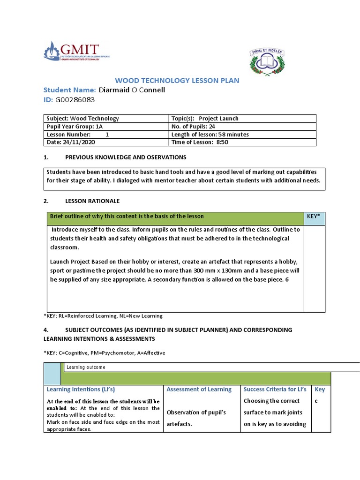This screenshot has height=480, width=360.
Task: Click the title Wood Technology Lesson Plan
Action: coord(177,81)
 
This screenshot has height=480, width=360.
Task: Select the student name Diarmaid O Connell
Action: coord(132,90)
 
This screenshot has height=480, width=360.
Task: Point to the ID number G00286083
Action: coord(75,99)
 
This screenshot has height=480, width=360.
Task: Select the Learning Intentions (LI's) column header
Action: coord(81,389)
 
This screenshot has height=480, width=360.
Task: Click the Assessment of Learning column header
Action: coord(199,389)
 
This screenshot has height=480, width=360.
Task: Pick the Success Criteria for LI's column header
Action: coord(275,389)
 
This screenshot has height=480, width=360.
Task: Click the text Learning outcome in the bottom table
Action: coord(86,367)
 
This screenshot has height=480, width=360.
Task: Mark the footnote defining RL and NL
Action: coord(103,316)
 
